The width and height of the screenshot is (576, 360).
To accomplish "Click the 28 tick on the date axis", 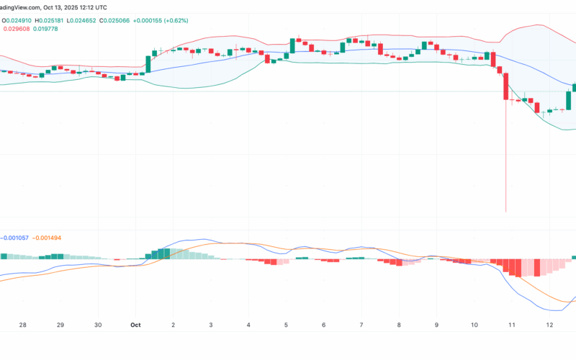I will pyautogui.click(x=23, y=325).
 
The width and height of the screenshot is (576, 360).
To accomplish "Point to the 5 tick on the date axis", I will pyautogui.click(x=287, y=325).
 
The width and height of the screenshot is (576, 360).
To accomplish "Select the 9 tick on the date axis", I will pyautogui.click(x=437, y=325).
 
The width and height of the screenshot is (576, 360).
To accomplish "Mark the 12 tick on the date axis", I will pyautogui.click(x=550, y=325).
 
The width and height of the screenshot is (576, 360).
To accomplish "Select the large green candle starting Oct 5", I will pyautogui.click(x=292, y=47).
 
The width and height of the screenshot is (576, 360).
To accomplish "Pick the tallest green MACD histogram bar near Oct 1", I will pyautogui.click(x=164, y=253).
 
